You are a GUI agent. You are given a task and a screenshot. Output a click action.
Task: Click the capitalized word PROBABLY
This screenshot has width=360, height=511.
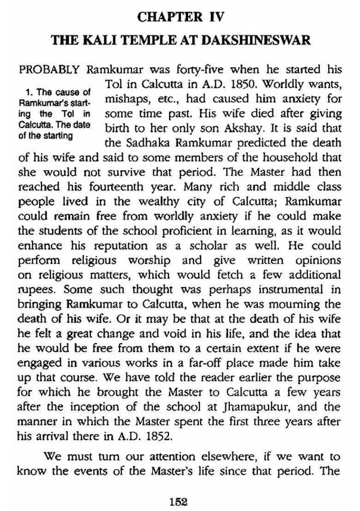pos(50,71)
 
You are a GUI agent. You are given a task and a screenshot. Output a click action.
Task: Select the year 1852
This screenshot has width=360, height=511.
pos(150,436)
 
